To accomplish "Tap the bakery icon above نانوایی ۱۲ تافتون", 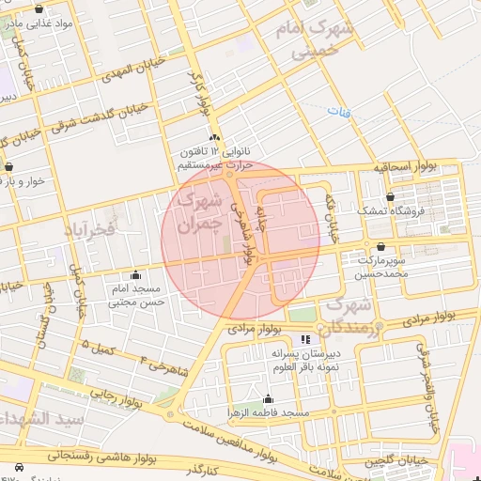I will pos(215,137).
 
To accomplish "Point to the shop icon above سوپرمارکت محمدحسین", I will pos(380,248).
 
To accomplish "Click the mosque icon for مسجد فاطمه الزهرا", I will pos(269,398).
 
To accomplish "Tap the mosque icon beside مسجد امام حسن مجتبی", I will pos(137,275).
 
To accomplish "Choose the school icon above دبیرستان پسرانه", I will pos(303,338).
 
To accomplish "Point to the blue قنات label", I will pos(335,112).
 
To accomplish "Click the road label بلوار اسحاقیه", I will pos(406,166).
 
